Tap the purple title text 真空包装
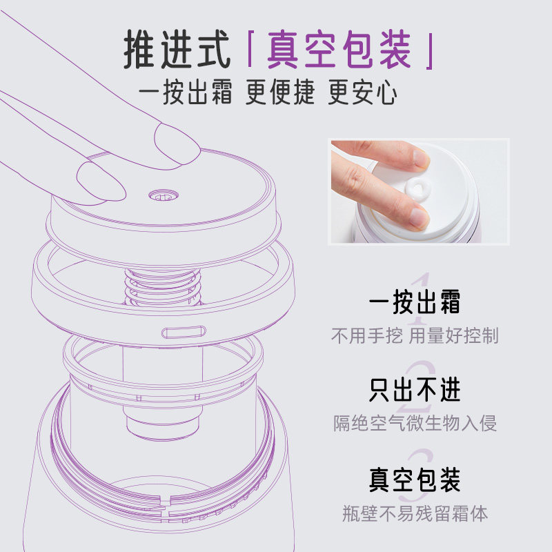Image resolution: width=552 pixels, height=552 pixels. pyautogui.click(x=339, y=50)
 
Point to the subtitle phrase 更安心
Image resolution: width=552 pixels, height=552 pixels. pyautogui.click(x=364, y=92)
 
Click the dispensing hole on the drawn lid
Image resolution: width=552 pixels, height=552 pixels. pyautogui.click(x=162, y=197)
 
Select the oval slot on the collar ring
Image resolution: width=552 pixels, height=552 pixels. pyautogui.click(x=184, y=332)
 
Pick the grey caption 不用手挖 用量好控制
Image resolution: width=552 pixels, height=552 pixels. pyautogui.click(x=415, y=337)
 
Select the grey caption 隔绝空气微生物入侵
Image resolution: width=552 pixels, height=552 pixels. pyautogui.click(x=415, y=423)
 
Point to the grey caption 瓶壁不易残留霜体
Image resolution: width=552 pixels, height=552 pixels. pyautogui.click(x=415, y=513)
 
